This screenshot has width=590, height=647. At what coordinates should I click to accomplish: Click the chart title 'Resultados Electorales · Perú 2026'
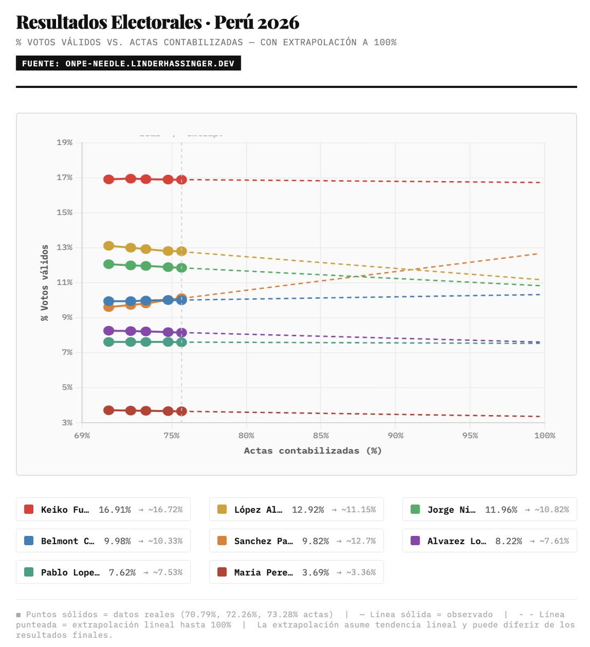[x=157, y=22]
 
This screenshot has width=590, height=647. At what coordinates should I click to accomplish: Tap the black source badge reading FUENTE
[x=128, y=64]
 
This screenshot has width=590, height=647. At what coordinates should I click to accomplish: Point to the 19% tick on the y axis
[x=65, y=142]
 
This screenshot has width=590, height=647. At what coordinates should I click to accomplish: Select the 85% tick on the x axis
[x=321, y=435]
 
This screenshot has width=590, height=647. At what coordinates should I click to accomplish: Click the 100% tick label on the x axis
[x=544, y=435]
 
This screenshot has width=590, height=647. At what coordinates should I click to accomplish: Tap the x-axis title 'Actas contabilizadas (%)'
[x=313, y=451]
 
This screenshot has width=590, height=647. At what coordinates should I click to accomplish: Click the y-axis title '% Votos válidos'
[x=45, y=283]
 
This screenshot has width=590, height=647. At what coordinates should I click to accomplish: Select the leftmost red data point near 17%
[x=109, y=180]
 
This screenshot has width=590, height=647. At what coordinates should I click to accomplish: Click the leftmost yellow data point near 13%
[x=109, y=246]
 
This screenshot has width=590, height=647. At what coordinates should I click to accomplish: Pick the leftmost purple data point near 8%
[x=109, y=331]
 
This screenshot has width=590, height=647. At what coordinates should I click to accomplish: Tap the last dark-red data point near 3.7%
[x=182, y=411]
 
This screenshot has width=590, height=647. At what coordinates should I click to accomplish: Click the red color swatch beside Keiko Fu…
[x=29, y=510]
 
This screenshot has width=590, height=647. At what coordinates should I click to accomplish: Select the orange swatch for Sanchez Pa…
[x=222, y=541]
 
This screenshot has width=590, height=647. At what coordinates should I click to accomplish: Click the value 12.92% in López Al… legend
[x=308, y=510]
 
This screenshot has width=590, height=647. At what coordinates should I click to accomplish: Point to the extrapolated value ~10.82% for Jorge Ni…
[x=551, y=510]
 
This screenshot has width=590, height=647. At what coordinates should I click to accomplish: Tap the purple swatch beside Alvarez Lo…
[x=415, y=541]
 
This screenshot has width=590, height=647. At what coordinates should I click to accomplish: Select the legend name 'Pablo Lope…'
[x=70, y=572]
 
